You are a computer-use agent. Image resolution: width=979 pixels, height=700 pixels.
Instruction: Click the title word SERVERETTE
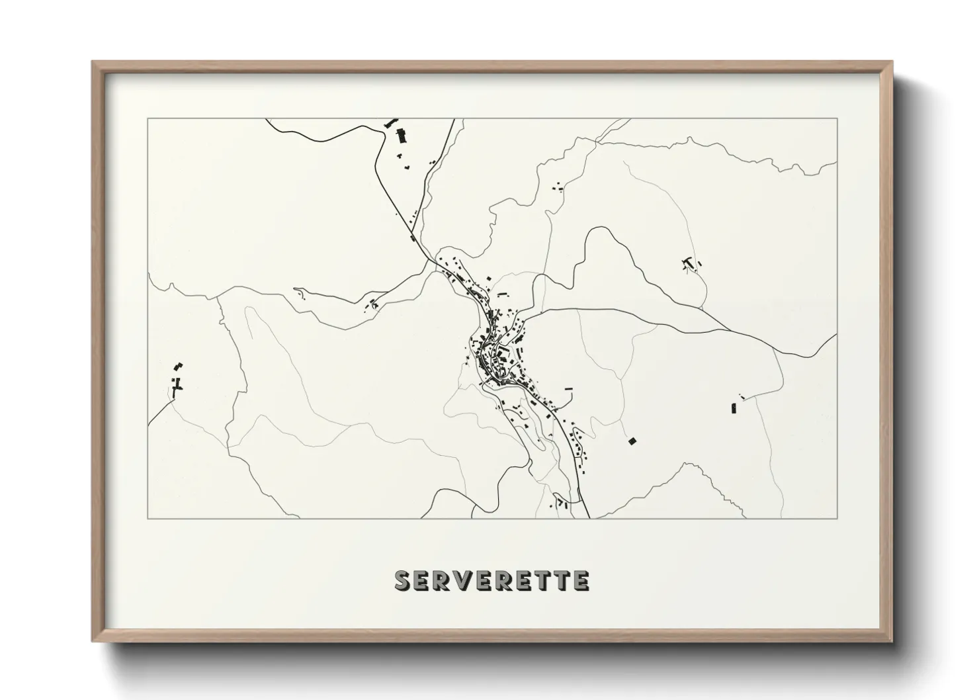point(491,580)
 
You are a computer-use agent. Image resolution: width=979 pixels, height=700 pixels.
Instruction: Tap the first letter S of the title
point(402,580)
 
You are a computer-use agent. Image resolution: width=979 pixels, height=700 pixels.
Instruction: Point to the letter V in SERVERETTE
point(464,580)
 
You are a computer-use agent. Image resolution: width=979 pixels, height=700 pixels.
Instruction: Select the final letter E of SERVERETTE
point(581,580)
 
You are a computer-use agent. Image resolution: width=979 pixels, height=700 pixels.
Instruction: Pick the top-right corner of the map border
point(837,118)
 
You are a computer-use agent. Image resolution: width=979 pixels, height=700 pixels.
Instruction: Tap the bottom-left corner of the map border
point(148,518)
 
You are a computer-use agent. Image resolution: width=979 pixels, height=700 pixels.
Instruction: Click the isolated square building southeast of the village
point(632,441)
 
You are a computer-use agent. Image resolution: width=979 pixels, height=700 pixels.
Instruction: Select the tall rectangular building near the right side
point(734,408)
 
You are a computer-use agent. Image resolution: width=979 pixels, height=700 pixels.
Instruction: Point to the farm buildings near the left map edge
point(177,380)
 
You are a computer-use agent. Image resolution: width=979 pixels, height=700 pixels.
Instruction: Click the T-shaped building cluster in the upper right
point(691,265)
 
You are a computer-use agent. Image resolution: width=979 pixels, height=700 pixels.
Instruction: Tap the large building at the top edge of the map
point(401,135)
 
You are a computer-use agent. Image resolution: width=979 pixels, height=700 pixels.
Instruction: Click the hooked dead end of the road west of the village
point(296,290)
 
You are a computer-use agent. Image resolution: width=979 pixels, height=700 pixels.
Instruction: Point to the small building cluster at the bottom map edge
point(561,503)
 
